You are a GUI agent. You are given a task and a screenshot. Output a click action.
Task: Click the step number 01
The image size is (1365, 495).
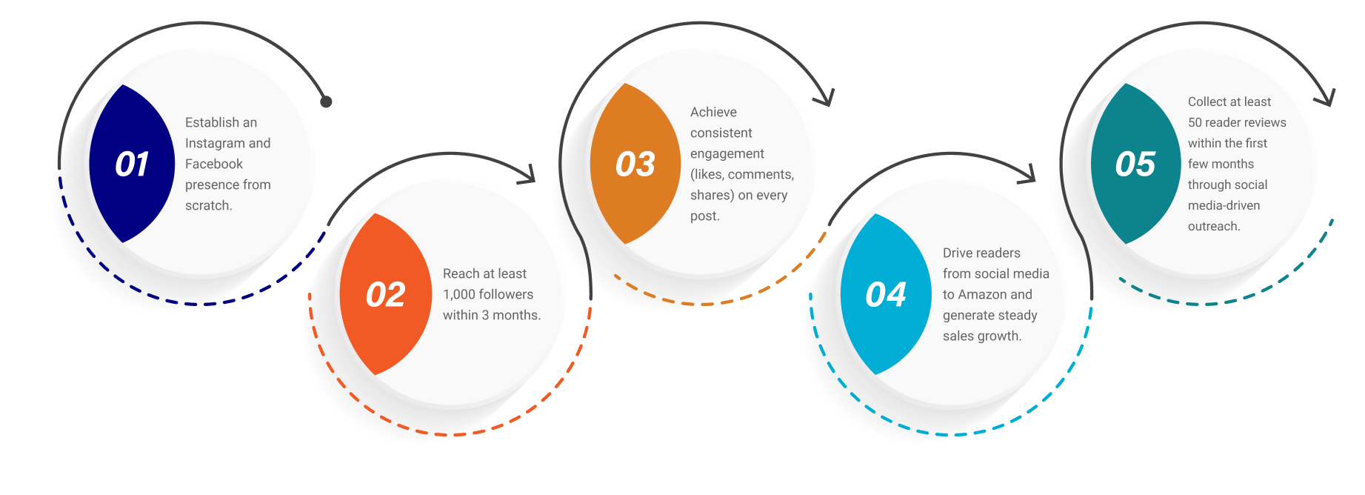coord(132,165)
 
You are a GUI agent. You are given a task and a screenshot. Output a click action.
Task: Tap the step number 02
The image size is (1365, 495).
coord(385,295)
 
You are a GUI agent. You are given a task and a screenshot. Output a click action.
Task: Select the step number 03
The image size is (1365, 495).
coord(635,165)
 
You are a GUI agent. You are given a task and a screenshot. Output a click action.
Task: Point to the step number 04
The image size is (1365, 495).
coord(885,295)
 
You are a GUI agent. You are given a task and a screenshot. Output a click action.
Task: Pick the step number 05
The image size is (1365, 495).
coord(1135,165)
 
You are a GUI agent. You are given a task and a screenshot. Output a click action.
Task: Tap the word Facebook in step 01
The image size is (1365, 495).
coord(213,164)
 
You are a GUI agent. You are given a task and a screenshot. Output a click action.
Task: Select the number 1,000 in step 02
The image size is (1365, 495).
coord(460,294)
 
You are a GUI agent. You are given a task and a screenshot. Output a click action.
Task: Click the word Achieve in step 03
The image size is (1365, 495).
coord(713,112)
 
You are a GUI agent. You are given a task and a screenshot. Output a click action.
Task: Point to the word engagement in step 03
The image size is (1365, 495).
coord(727,153)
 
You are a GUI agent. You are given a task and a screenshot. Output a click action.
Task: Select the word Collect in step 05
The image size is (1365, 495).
coord(1207,102)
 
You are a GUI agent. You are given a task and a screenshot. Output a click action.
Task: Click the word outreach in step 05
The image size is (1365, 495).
coord(1212,226)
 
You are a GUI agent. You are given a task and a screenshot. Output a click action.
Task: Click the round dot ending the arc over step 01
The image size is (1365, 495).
coord(326,102)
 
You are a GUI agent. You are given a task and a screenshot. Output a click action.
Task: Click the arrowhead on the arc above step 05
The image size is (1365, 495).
coord(1327,98)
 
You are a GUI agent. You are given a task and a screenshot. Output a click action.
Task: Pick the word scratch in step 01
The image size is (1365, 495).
coord(207,205)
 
